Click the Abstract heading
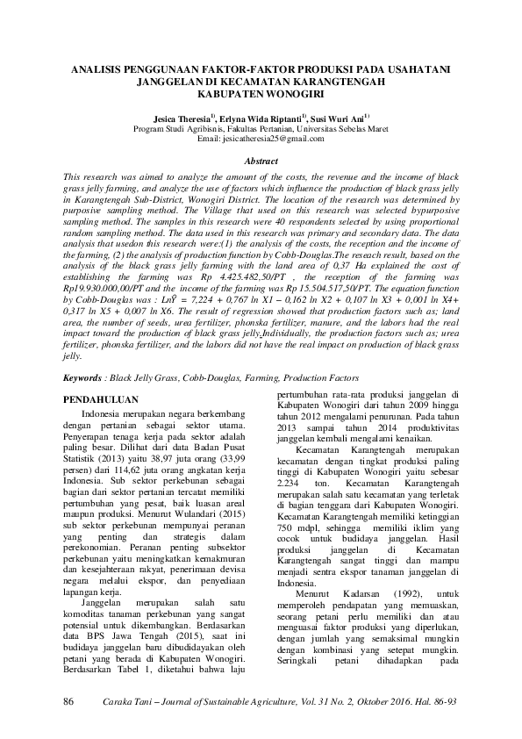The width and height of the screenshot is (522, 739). (261, 161)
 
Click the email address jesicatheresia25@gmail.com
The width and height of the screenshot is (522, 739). (273, 139)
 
